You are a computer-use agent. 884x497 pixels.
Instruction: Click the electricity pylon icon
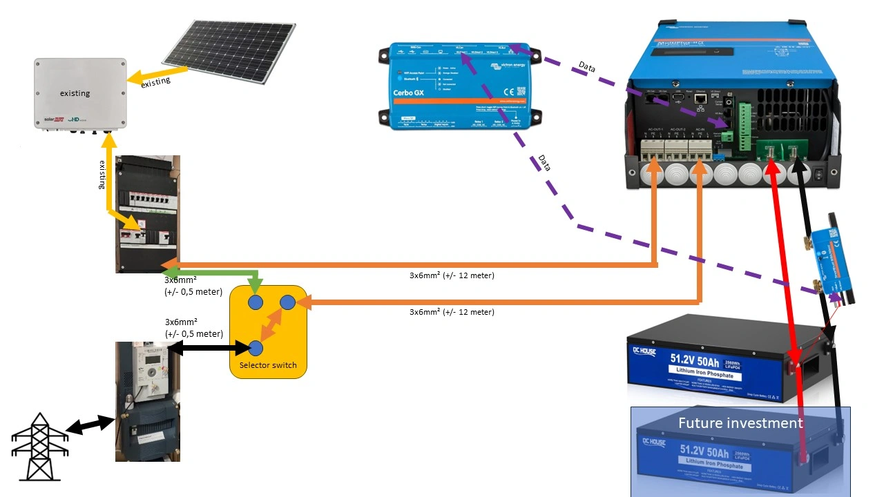pos(39,447)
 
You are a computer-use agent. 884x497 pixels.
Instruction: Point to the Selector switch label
pos(268,365)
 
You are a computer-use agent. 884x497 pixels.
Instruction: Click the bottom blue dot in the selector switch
pos(256,348)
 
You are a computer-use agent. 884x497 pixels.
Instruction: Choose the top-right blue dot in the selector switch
pos(287,302)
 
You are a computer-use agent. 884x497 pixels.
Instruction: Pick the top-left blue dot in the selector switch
pos(256,302)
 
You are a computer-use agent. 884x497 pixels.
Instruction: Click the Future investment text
pos(740,422)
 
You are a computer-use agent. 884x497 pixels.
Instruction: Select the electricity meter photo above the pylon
pos(148,401)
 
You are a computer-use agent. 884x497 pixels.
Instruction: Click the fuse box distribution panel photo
pos(148,214)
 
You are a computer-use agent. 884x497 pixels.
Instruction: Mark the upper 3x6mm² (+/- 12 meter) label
pos(452,275)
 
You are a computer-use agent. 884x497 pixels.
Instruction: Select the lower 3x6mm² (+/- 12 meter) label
pos(452,312)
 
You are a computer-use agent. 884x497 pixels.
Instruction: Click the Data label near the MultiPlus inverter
pos(587,67)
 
